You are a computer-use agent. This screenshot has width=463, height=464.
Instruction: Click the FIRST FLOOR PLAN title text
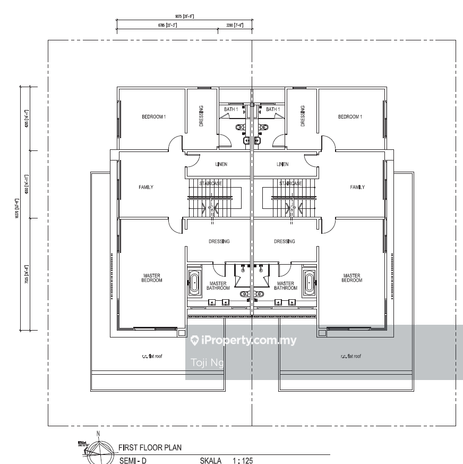pyautogui.click(x=149, y=448)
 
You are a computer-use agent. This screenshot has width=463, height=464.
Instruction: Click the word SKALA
pyautogui.click(x=210, y=460)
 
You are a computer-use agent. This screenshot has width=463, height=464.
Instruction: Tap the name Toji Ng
pyautogui.click(x=207, y=363)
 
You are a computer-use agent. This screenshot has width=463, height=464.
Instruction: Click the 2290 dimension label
pyautogui.click(x=235, y=25)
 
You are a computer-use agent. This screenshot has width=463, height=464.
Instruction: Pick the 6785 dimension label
pyautogui.click(x=167, y=25)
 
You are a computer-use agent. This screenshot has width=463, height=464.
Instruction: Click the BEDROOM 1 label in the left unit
pyautogui.click(x=153, y=117)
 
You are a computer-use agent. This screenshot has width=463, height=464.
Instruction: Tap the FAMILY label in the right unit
pyautogui.click(x=357, y=187)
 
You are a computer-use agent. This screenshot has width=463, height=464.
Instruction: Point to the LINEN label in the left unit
pyautogui.click(x=221, y=164)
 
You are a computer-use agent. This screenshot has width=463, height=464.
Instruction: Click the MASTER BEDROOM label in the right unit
pyautogui.click(x=351, y=278)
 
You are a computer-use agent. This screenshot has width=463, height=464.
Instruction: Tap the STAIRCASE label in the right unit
pyautogui.click(x=291, y=183)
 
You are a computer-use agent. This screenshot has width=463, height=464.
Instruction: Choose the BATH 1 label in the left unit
pyautogui.click(x=231, y=109)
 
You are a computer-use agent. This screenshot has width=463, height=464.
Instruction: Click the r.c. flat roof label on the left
pyautogui.click(x=152, y=356)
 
